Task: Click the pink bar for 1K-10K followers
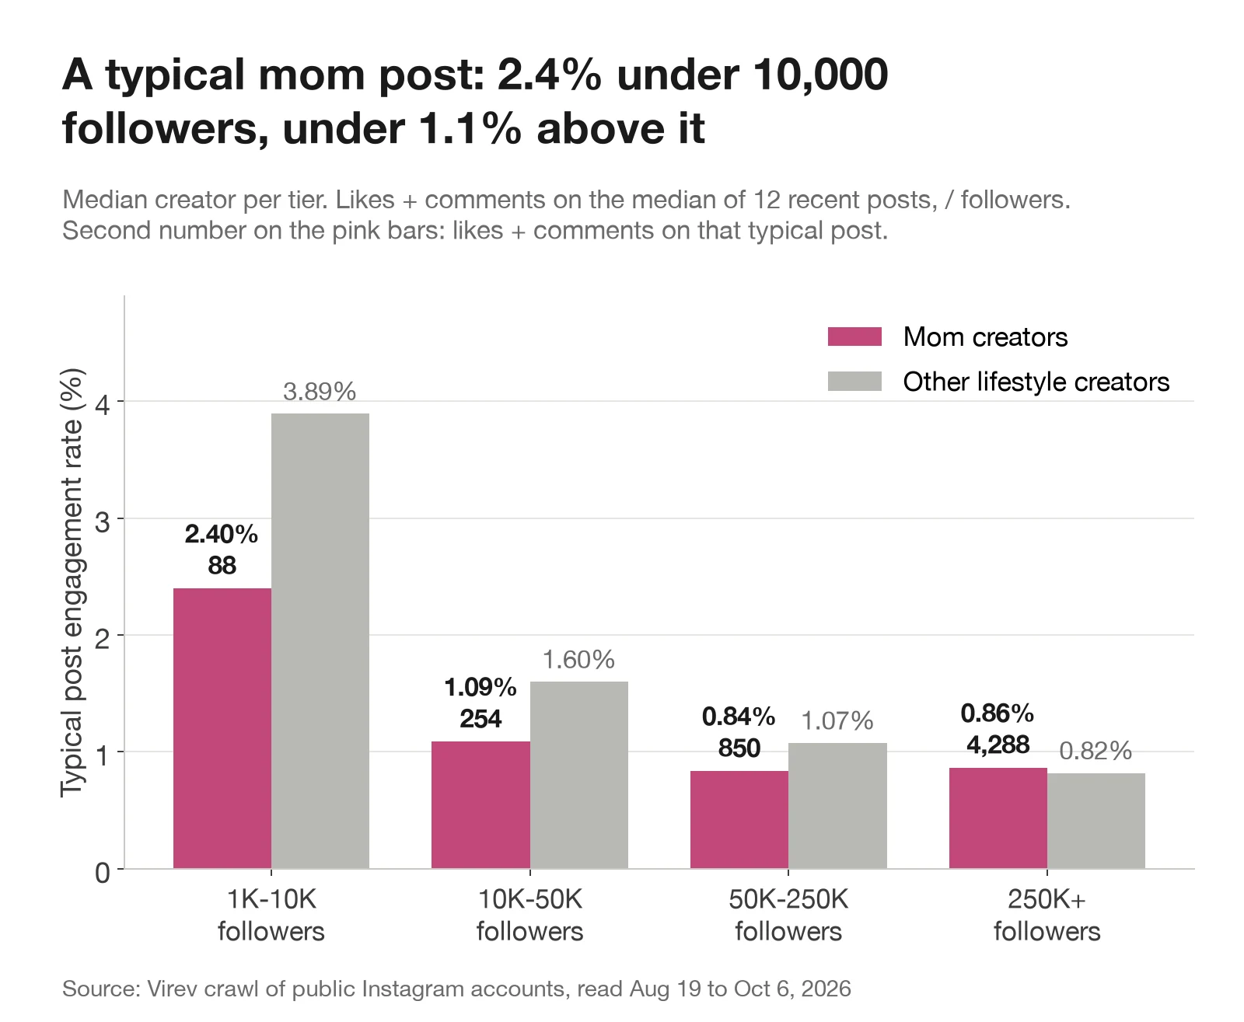(222, 727)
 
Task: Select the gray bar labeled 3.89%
(320, 640)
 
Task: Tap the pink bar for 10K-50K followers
(480, 804)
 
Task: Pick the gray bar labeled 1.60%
(578, 775)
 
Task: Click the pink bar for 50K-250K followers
(739, 819)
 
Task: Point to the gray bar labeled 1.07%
(837, 806)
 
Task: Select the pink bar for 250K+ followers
(998, 818)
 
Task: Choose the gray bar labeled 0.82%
(1096, 820)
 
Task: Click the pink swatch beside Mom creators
(854, 337)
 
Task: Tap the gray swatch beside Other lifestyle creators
(854, 382)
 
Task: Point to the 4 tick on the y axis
(103, 405)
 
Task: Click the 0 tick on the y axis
(103, 873)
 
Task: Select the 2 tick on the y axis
(103, 639)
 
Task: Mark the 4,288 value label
(998, 745)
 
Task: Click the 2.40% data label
(221, 534)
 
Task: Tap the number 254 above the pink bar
(480, 719)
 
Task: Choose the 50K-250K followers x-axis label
(788, 916)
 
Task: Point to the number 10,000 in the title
(820, 75)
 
